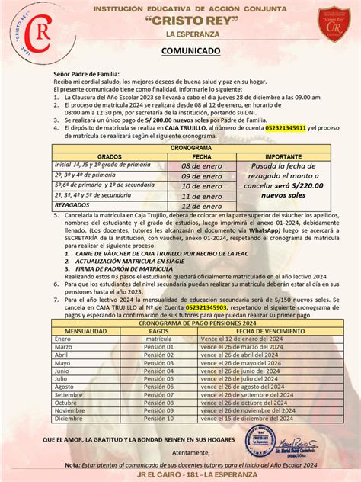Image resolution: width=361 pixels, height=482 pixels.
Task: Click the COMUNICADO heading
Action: click(190, 51)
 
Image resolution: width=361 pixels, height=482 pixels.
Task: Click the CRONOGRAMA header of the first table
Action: click(190, 146)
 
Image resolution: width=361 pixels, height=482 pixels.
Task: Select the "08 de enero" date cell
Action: click(200, 165)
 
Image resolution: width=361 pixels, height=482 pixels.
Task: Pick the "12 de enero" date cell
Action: click(200, 206)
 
